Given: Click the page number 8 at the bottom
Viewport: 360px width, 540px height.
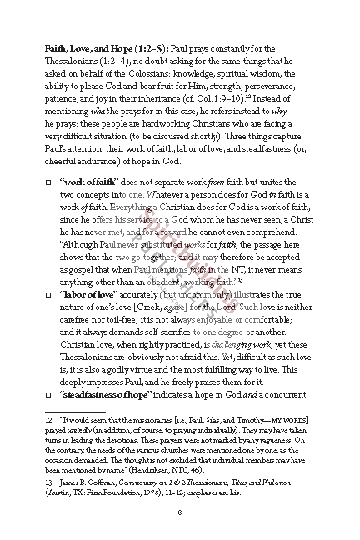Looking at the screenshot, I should click(x=179, y=512).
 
